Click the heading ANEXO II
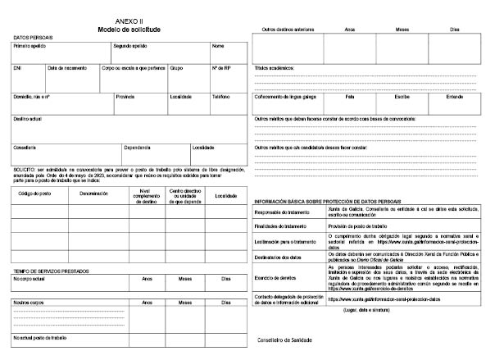tap(128, 21)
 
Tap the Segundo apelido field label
tap(129, 46)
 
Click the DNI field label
tap(17, 68)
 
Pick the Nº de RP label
tap(221, 68)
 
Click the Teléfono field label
tap(220, 96)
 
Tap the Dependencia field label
tap(137, 148)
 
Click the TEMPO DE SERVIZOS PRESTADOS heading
tap(51, 270)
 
